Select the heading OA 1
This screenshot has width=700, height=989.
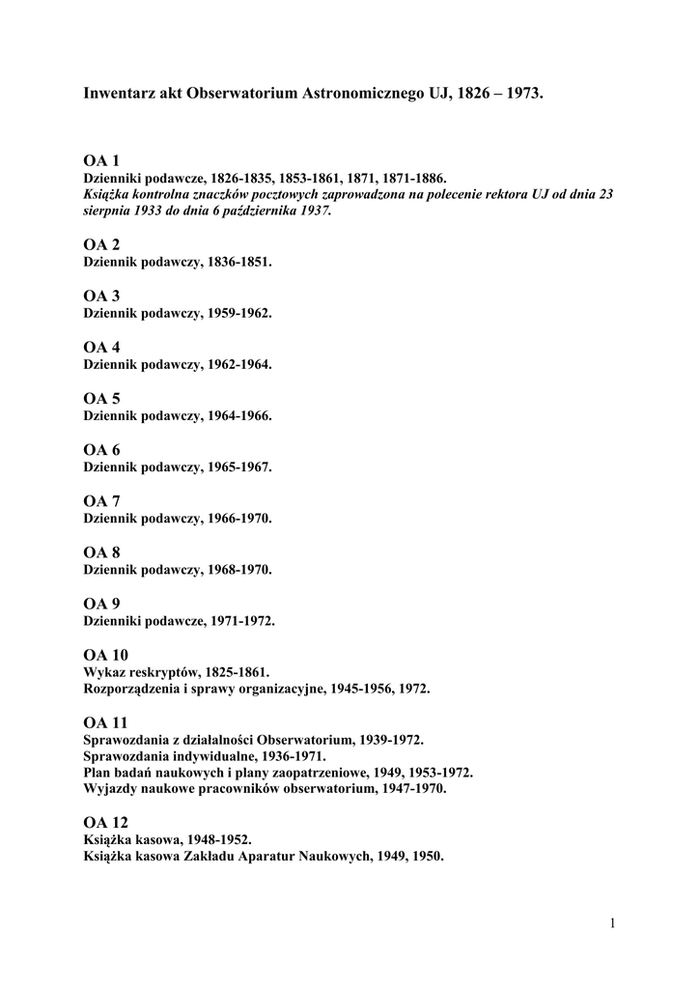101,160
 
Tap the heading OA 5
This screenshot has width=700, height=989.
101,398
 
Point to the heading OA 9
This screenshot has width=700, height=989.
101,604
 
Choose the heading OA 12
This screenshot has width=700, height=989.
105,822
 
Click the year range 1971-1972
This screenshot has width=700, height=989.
242,621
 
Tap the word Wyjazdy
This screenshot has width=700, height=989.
109,789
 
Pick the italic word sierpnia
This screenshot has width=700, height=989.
108,211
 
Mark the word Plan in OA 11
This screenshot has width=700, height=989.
98,773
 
